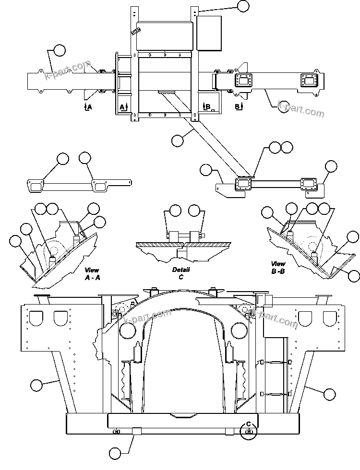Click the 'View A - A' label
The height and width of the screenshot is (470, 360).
pyautogui.click(x=92, y=274)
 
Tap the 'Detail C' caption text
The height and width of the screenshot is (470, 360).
pyautogui.click(x=181, y=273)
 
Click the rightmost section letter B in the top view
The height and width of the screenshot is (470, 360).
pyautogui.click(x=237, y=106)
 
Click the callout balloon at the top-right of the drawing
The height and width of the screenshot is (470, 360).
pyautogui.click(x=243, y=6)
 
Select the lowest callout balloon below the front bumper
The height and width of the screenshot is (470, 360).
pyautogui.click(x=115, y=452)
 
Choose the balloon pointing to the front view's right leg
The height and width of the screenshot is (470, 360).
pyautogui.click(x=329, y=394)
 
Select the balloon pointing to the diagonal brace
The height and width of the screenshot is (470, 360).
pyautogui.click(x=177, y=140)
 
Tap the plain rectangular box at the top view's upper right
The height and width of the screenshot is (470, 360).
pyautogui.click(x=209, y=33)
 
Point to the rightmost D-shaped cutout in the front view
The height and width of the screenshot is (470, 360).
pyautogui.click(x=329, y=317)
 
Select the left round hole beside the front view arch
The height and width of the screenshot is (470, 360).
pyautogui.click(x=128, y=329)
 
